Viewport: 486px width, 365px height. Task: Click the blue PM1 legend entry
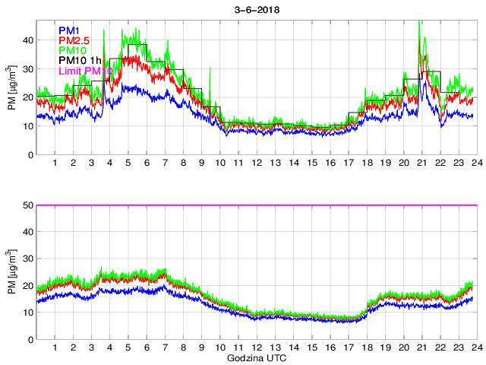click(x=69, y=30)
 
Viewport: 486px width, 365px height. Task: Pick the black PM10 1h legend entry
click(x=80, y=61)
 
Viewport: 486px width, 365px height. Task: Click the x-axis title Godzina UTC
click(x=254, y=357)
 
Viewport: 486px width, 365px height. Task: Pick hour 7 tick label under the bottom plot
click(x=165, y=348)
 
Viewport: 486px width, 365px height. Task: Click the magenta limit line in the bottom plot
click(x=304, y=205)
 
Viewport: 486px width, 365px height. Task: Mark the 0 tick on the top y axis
click(x=28, y=155)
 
